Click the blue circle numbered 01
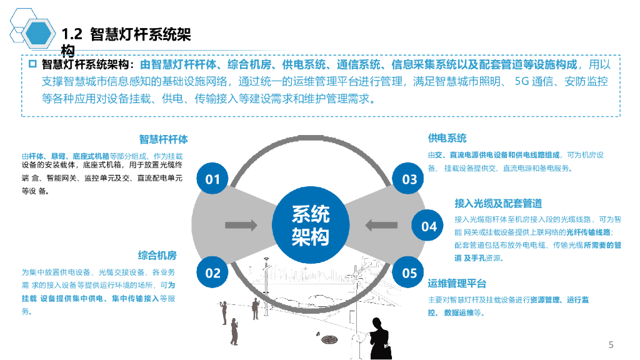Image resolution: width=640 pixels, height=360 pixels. tap(213, 180)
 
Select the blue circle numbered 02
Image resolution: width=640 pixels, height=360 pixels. tap(213, 272)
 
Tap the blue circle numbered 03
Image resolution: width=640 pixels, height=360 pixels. tap(409, 180)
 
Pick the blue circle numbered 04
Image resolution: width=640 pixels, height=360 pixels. tap(429, 226)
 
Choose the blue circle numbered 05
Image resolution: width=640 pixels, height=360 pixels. tap(409, 272)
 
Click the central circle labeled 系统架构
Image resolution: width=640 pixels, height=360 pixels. tap(310, 226)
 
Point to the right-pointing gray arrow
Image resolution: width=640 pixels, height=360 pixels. tap(241, 224)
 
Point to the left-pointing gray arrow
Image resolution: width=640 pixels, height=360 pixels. tap(379, 224)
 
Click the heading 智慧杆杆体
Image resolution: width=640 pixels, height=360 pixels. tap(163, 139)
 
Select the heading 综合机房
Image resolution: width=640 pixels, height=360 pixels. tap(157, 255)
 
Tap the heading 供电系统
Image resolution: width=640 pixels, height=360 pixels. tap(447, 138)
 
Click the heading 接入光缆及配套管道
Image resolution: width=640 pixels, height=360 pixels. tap(497, 203)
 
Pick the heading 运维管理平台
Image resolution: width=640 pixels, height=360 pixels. tap(457, 284)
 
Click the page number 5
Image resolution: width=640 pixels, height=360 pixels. tap(611, 345)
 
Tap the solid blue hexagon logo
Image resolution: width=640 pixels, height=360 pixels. tap(38, 33)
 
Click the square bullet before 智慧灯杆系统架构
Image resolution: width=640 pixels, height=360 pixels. tap(33, 64)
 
